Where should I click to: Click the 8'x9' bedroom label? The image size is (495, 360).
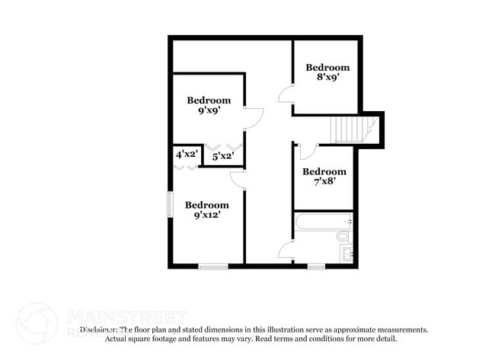point(327,72)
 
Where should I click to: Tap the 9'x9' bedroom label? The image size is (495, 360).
point(209,105)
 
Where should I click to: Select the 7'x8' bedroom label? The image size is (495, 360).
point(324,177)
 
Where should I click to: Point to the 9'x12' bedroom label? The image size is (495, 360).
point(207,210)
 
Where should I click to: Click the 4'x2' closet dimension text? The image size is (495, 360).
point(187,155)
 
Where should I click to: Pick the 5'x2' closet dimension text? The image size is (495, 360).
point(222,157)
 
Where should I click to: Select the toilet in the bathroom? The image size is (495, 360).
point(343,237)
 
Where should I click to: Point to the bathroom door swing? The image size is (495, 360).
point(286,250)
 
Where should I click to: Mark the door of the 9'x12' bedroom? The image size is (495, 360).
point(238,178)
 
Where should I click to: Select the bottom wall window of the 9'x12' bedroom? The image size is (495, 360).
point(213,266)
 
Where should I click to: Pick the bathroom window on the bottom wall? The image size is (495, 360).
point(316,266)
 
